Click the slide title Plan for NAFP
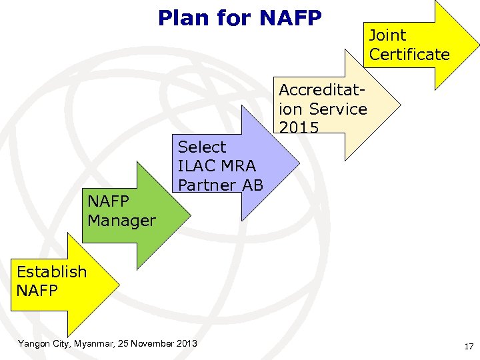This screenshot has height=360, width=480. coord(239,17)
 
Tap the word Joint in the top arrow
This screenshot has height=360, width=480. coord(387,35)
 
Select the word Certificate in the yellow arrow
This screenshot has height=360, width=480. coord(409,55)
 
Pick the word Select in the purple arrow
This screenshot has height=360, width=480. coord(202,147)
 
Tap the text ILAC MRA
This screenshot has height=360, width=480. coord(217,166)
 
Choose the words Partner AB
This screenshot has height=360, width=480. coord(221,185)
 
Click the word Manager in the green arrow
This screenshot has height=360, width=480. coord(121,220)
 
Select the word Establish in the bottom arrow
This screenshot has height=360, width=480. coord(51,271)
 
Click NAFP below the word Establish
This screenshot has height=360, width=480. coord(37,291)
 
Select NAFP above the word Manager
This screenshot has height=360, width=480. coord(108,201)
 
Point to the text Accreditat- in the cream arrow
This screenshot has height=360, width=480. coord(322,90)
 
